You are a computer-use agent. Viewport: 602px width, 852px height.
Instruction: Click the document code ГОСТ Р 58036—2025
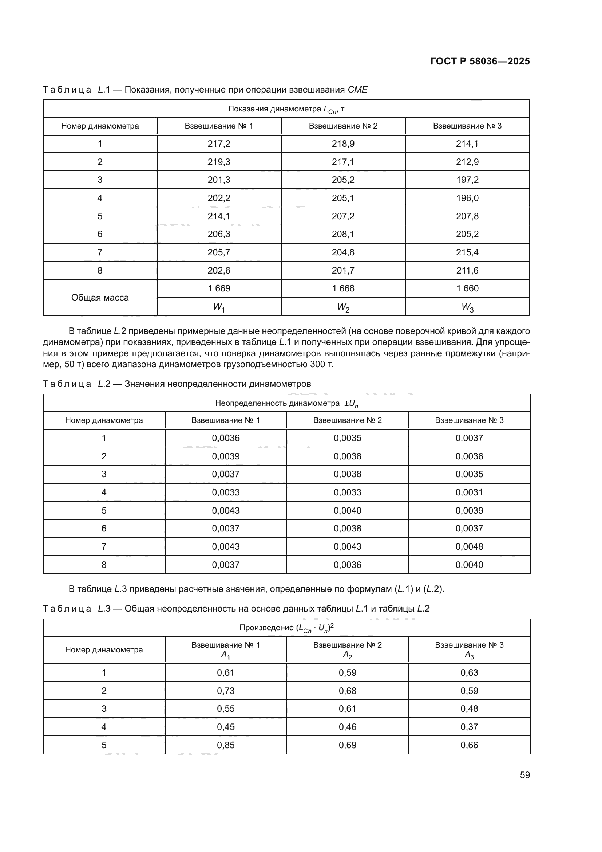[480, 61]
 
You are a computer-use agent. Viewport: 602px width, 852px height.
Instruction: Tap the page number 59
[524, 775]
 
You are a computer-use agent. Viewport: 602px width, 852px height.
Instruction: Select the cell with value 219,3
[219, 162]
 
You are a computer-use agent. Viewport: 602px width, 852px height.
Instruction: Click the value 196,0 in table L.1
[467, 198]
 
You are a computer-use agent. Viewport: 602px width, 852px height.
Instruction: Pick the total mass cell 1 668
[343, 288]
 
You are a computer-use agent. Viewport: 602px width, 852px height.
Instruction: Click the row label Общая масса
[100, 298]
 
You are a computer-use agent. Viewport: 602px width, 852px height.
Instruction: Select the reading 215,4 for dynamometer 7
[467, 252]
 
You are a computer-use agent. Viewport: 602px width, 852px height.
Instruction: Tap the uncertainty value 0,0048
[469, 547]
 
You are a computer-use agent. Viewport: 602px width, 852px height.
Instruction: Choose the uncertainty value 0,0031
[469, 492]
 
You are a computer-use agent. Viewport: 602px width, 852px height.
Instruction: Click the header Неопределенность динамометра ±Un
[286, 403]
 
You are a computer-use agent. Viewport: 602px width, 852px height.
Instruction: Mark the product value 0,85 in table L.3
[226, 745]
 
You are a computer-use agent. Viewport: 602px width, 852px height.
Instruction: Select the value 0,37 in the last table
[469, 727]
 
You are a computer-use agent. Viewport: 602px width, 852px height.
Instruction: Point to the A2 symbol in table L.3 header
[347, 655]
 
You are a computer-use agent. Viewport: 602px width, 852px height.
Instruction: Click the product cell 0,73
[226, 691]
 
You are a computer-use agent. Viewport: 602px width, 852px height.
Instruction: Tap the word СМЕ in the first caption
[358, 90]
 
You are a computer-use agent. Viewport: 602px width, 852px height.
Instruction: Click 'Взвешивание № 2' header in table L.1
[343, 126]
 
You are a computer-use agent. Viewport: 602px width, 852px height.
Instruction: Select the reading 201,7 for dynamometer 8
[343, 271]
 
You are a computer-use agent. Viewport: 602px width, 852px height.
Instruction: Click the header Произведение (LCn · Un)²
[286, 628]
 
